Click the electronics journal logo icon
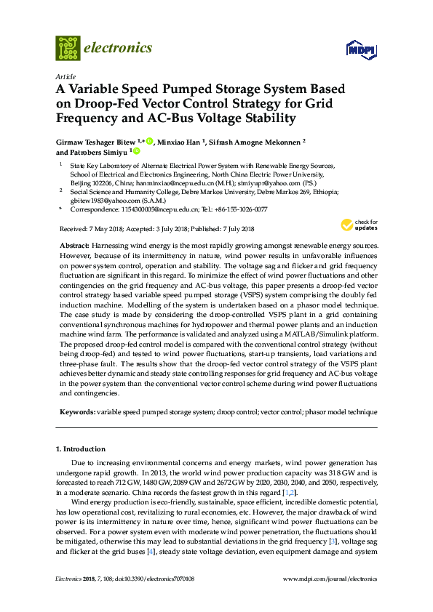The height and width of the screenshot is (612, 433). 68,48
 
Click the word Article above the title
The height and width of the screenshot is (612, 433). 65,76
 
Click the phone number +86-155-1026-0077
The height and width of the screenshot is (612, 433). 240,209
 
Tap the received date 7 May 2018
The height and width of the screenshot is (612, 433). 108,229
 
